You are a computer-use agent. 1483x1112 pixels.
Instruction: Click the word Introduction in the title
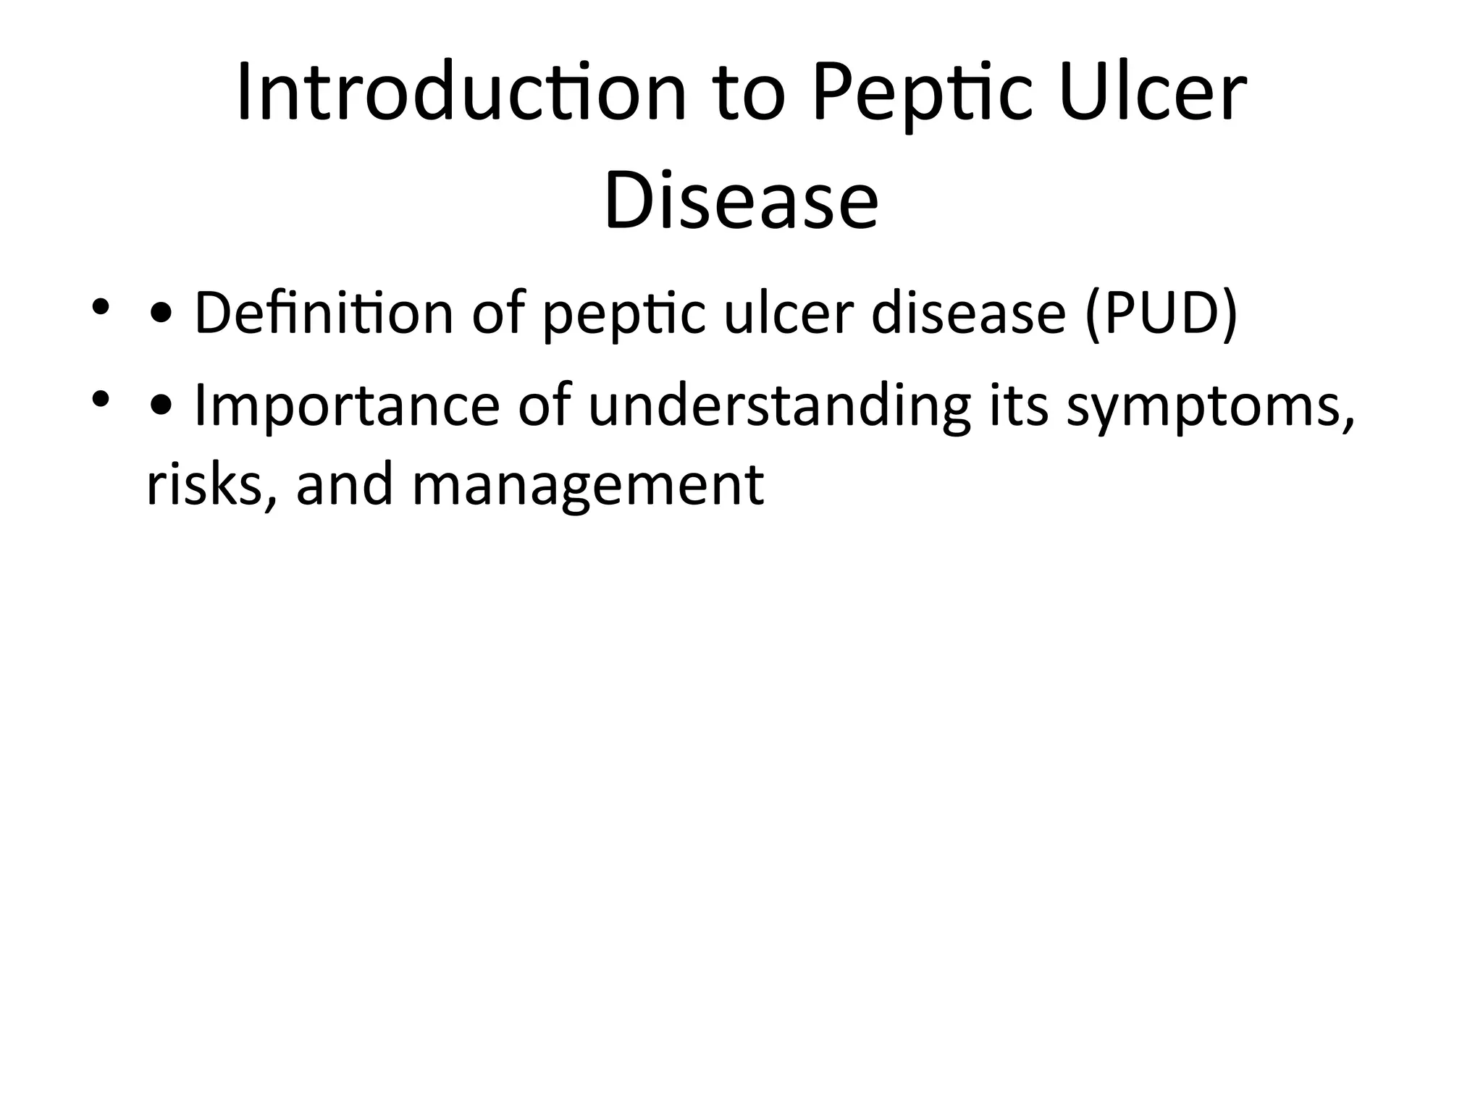click(x=461, y=93)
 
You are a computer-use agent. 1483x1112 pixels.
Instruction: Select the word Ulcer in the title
click(x=1152, y=93)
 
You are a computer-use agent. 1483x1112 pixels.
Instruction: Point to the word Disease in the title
click(x=741, y=199)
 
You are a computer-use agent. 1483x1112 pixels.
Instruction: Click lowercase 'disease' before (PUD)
click(x=968, y=313)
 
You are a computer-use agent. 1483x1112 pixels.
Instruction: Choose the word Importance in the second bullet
click(x=347, y=407)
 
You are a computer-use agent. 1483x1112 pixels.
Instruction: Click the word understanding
click(x=779, y=407)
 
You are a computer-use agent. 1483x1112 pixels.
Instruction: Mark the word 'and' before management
click(x=345, y=484)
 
